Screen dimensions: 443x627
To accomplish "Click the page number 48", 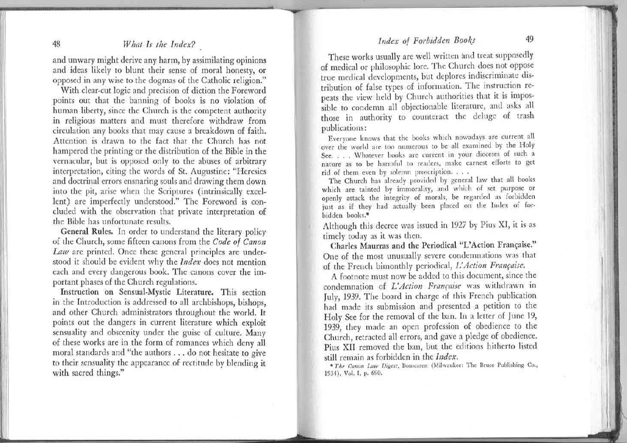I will [x=56, y=44].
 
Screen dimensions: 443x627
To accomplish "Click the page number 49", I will [x=530, y=39].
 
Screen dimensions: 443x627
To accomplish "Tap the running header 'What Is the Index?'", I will [x=159, y=44].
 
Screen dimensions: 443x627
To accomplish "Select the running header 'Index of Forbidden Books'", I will [x=427, y=41].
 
